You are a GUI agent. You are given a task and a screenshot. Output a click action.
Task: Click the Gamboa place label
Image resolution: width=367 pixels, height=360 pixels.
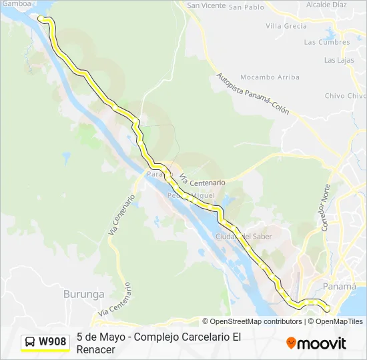tap(16, 3)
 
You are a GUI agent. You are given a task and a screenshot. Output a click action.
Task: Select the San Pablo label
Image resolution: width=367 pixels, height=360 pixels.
tap(246, 7)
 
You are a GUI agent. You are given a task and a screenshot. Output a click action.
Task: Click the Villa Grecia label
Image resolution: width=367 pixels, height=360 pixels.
tap(286, 26)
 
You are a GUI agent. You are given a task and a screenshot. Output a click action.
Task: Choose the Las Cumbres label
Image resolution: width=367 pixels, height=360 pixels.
tap(326, 42)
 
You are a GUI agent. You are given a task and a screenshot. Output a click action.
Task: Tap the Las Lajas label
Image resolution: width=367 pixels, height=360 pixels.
tap(340, 60)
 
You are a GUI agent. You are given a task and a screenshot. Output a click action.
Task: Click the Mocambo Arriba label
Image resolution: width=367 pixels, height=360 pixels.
tap(270, 77)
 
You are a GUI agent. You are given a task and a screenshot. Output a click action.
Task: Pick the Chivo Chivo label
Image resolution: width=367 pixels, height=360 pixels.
tap(345, 96)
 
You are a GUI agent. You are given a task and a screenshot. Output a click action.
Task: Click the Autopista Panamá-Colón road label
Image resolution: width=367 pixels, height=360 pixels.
tap(253, 94)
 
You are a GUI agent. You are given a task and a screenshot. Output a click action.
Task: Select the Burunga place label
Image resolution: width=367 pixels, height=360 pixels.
tap(83, 293)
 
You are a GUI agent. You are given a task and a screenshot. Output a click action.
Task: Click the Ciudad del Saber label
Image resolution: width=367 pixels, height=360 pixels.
tap(244, 237)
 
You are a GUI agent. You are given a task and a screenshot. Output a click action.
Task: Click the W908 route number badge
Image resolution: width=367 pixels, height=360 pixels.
tap(53, 342)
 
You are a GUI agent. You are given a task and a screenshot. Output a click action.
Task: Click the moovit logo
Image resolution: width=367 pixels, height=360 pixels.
tap(316, 343)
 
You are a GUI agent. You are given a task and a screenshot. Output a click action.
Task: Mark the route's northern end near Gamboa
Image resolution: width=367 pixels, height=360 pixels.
tap(41, 18)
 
